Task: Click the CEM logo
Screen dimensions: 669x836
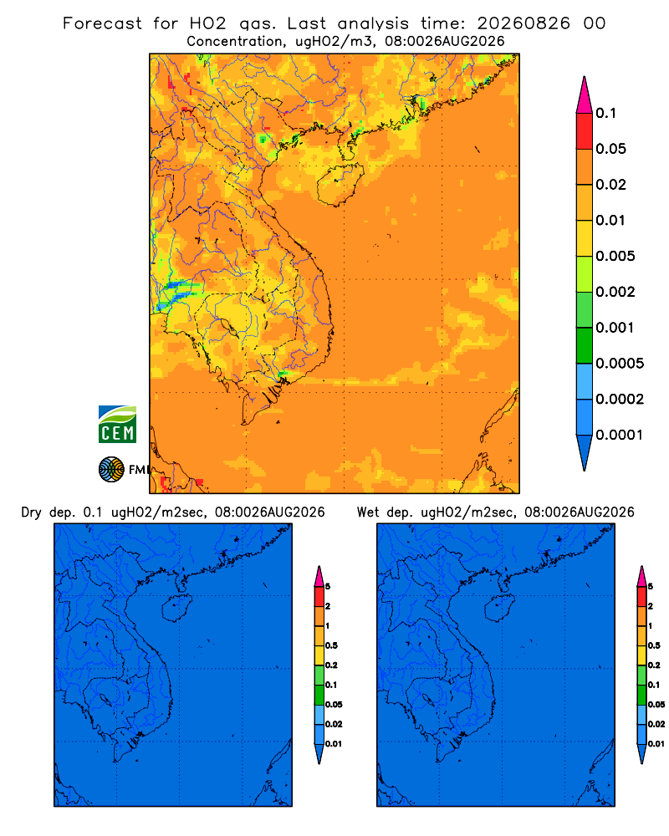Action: [117, 424]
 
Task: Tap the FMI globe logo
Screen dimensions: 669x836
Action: [111, 469]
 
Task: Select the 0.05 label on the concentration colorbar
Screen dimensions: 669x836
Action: [610, 149]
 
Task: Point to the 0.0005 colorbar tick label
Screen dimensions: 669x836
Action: [620, 364]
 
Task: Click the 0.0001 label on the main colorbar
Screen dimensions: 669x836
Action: [620, 435]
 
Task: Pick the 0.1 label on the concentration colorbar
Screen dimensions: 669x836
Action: [605, 113]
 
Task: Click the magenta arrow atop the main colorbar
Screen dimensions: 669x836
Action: [585, 95]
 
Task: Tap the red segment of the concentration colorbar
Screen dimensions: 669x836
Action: [585, 131]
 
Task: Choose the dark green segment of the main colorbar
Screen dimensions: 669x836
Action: [585, 345]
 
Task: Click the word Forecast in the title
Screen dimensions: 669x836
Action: [102, 23]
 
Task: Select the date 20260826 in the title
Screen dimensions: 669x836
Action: [523, 23]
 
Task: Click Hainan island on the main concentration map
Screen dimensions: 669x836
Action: [340, 184]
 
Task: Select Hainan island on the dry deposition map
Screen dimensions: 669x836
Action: [176, 607]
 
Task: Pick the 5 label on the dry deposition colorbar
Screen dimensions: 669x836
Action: [328, 587]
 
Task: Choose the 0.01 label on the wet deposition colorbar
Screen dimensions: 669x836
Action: [656, 744]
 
